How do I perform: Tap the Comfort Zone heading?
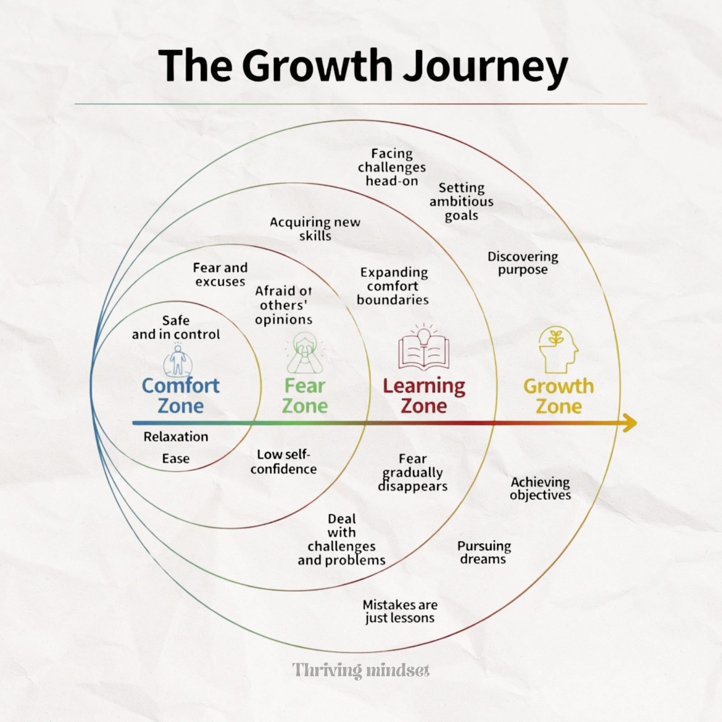point(180,396)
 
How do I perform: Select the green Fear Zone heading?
point(305,396)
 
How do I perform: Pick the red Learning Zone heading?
point(424,396)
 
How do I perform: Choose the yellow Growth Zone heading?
point(559,396)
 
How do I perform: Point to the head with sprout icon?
point(558,350)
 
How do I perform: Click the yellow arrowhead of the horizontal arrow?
point(630,423)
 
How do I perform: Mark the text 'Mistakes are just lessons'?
point(400,611)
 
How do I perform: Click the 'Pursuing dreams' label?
point(484,552)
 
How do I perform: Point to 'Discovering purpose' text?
point(523,263)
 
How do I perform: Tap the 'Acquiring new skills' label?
point(315,229)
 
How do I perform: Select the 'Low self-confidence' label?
point(283,462)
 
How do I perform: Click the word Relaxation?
point(176,437)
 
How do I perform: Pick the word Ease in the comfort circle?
point(176,458)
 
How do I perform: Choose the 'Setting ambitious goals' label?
point(461,201)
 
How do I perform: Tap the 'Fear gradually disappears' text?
point(412,472)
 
